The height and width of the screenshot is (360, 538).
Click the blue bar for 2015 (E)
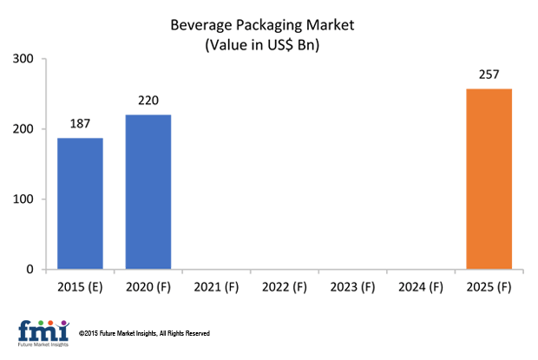click(x=80, y=204)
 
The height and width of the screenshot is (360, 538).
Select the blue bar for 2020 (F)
click(x=148, y=192)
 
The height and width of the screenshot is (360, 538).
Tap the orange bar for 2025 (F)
click(x=489, y=179)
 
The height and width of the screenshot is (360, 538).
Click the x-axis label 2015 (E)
click(x=80, y=286)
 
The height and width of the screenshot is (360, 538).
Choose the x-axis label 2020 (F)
click(x=148, y=286)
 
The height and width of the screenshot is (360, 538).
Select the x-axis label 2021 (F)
click(x=216, y=286)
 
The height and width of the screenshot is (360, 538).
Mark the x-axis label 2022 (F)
click(x=285, y=286)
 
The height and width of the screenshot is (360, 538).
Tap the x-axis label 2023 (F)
click(x=353, y=286)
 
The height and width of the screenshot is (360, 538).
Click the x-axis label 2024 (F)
click(x=421, y=286)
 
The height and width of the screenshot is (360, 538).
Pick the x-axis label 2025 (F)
click(x=489, y=286)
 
